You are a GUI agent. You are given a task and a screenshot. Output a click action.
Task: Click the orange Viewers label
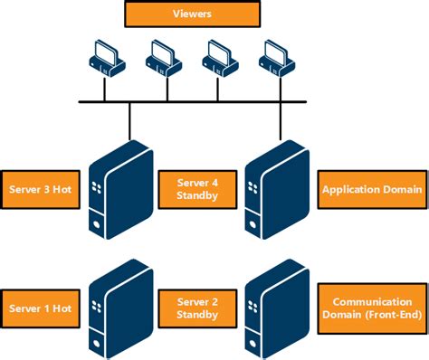pos(192,14)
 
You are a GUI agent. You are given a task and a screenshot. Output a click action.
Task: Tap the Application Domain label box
pos(371,189)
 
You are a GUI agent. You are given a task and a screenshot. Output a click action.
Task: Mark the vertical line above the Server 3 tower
pos(130,122)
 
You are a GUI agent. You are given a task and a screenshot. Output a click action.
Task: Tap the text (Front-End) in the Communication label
pos(371,315)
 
